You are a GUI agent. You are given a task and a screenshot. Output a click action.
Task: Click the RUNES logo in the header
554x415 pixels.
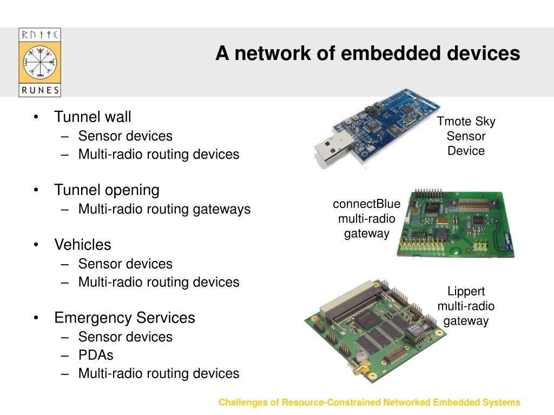[x=39, y=63]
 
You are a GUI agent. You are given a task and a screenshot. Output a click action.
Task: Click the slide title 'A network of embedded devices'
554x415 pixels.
[x=367, y=53]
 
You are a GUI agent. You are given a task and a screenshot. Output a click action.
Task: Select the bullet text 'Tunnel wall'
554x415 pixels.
[x=93, y=117]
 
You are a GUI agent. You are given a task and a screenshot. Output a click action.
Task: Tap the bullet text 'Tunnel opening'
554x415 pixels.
[x=107, y=190]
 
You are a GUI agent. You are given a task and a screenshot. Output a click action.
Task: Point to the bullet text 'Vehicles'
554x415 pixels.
[x=82, y=245]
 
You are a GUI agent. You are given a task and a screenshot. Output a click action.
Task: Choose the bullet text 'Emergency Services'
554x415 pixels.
[x=124, y=318]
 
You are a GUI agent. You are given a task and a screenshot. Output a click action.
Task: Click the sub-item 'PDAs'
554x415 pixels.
[x=96, y=355]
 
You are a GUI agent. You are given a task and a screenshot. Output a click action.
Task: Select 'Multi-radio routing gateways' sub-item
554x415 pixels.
[x=164, y=209]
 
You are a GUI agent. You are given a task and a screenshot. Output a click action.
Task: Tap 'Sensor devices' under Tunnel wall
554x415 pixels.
[x=125, y=136]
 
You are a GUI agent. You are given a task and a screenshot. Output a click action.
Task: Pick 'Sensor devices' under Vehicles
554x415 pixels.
[x=125, y=264]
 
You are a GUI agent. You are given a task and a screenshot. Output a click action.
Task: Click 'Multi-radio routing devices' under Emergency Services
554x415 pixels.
[x=159, y=373]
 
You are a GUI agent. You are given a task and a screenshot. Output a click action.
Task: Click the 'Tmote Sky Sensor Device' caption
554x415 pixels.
[x=466, y=136]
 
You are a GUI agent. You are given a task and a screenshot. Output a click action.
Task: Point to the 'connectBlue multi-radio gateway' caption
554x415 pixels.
[x=366, y=219]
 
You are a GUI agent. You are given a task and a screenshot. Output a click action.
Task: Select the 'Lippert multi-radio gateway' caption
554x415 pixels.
[x=466, y=306]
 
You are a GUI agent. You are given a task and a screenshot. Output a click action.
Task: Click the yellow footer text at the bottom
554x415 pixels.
[x=369, y=403]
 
